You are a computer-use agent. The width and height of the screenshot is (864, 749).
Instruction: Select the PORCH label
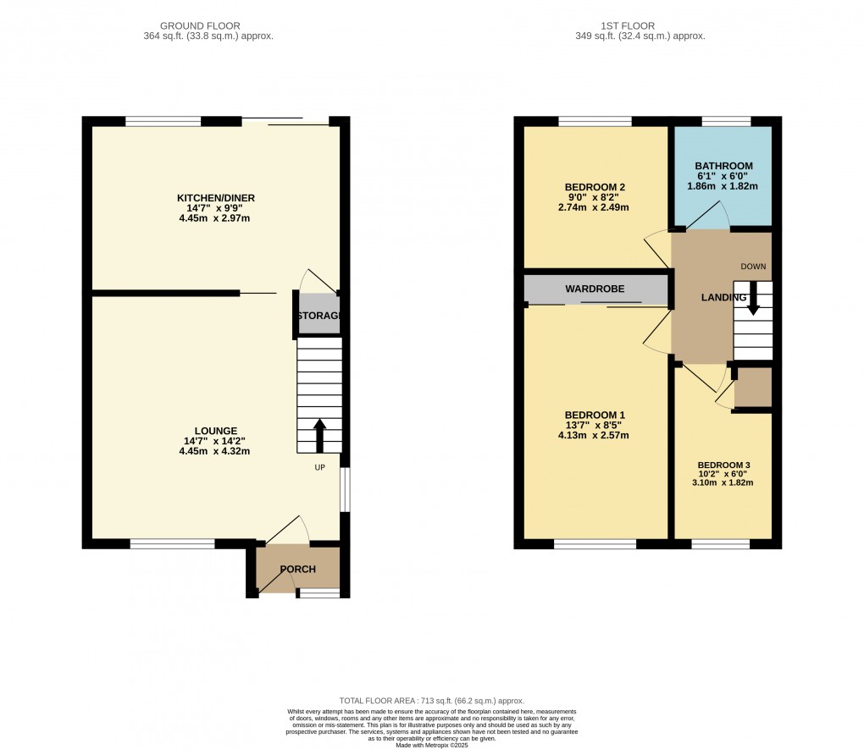tap(298, 570)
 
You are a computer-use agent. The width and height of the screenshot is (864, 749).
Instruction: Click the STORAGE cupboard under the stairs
tap(318, 315)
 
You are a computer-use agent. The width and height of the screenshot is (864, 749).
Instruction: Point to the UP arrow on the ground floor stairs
tap(320, 434)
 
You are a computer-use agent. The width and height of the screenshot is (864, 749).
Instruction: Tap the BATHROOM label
tap(723, 166)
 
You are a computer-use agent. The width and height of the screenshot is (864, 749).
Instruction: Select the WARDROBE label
tap(595, 289)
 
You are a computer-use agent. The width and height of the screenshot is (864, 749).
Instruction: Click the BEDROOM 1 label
tap(596, 415)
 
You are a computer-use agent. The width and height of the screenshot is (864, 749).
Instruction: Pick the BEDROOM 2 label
tap(596, 187)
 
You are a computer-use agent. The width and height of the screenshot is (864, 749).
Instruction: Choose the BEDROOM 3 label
tap(724, 465)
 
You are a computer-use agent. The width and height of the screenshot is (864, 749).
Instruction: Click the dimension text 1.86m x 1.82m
tap(723, 186)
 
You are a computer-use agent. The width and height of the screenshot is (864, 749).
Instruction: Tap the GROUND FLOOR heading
tap(208, 26)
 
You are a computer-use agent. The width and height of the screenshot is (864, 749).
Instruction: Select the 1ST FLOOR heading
tap(640, 26)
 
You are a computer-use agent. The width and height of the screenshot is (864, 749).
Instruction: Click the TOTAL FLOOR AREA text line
tap(432, 701)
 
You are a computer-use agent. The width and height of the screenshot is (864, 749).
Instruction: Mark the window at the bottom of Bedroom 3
tap(720, 543)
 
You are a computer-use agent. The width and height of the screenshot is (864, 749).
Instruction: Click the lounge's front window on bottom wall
tap(172, 543)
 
